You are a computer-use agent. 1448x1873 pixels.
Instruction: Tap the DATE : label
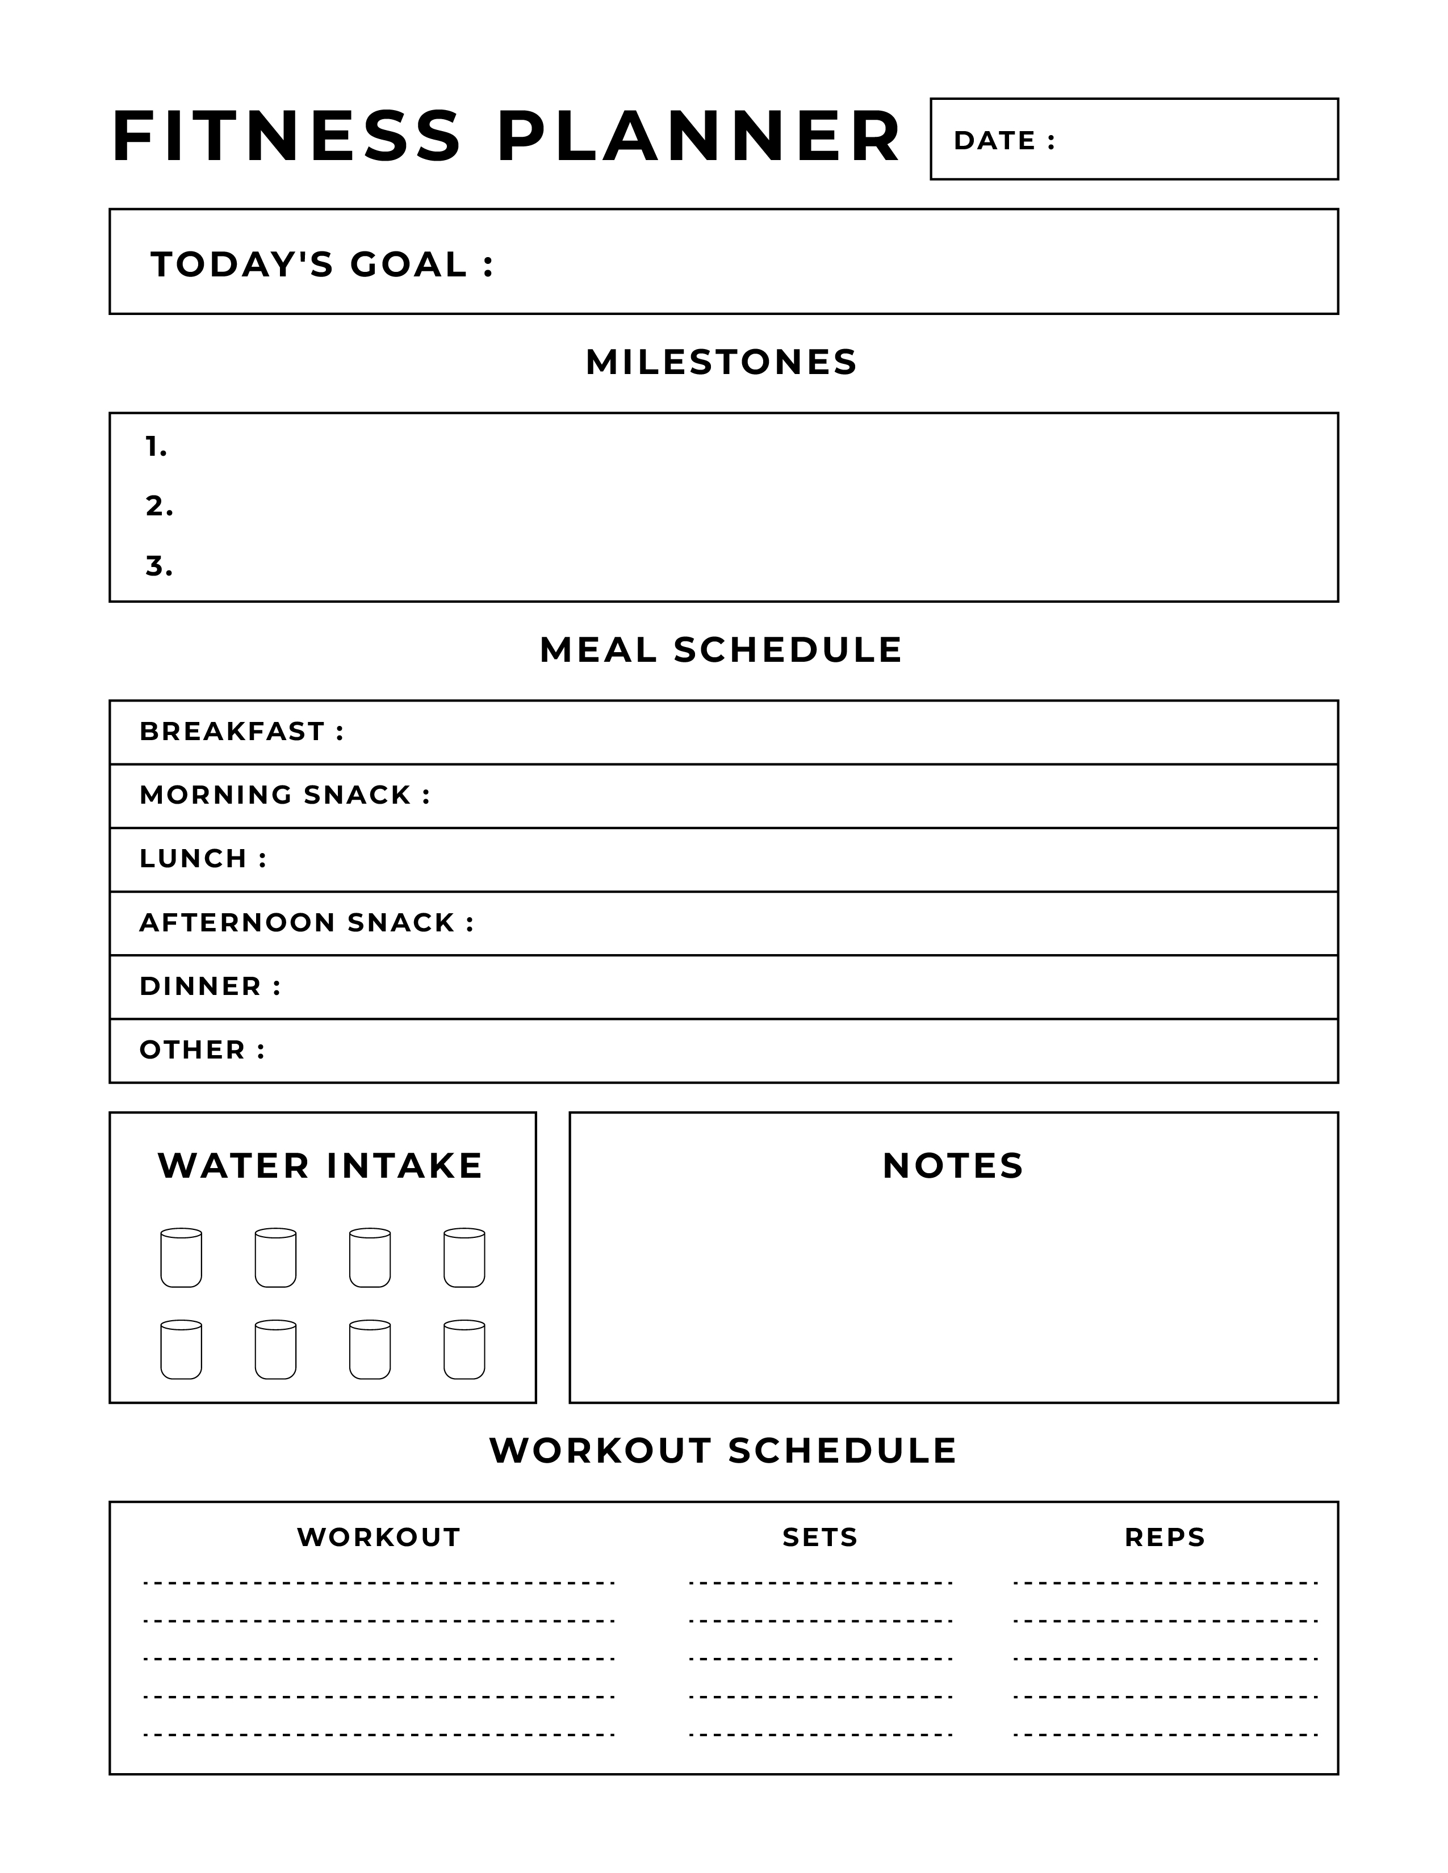pos(1003,141)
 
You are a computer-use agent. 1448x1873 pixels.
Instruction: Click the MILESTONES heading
pos(721,362)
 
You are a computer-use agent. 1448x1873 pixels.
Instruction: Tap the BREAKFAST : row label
pos(241,732)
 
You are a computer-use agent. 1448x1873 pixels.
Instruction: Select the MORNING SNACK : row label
pos(284,795)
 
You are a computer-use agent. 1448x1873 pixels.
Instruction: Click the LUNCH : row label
pos(203,858)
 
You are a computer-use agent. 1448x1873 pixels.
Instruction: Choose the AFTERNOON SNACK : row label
pos(306,923)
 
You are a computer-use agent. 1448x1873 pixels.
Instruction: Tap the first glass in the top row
pos(181,1258)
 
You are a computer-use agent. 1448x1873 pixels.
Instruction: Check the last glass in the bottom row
pos(464,1350)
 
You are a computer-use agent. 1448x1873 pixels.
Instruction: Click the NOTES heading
pos(953,1166)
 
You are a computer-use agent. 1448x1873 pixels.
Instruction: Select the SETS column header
pos(820,1538)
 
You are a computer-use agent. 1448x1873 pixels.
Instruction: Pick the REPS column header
pos(1165,1538)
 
